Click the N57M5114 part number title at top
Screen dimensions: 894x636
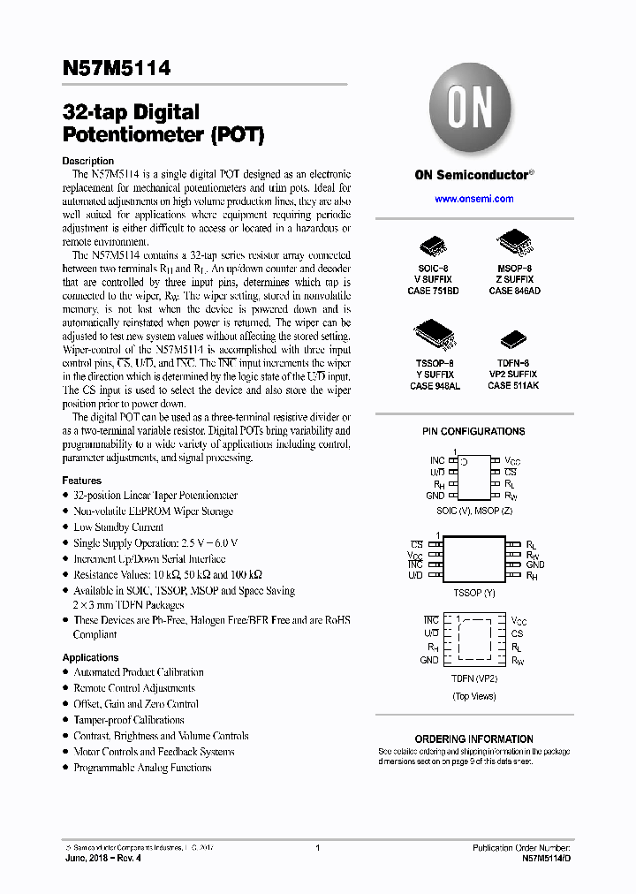(117, 68)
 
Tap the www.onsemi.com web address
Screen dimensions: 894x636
(473, 199)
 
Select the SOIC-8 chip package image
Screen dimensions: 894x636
(433, 243)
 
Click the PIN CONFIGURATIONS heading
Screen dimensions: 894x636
(473, 431)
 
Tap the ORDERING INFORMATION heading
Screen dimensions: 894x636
(473, 739)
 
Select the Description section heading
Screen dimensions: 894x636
(87, 161)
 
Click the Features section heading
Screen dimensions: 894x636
(81, 481)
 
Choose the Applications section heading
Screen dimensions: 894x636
(90, 657)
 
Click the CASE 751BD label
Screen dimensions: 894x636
(433, 291)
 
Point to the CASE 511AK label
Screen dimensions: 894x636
(512, 386)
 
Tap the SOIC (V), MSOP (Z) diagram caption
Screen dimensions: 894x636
(473, 511)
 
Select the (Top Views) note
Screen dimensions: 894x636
(473, 696)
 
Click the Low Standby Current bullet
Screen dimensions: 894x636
(117, 527)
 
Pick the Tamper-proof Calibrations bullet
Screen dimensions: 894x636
(128, 720)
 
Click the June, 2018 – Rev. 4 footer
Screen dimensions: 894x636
(102, 858)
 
